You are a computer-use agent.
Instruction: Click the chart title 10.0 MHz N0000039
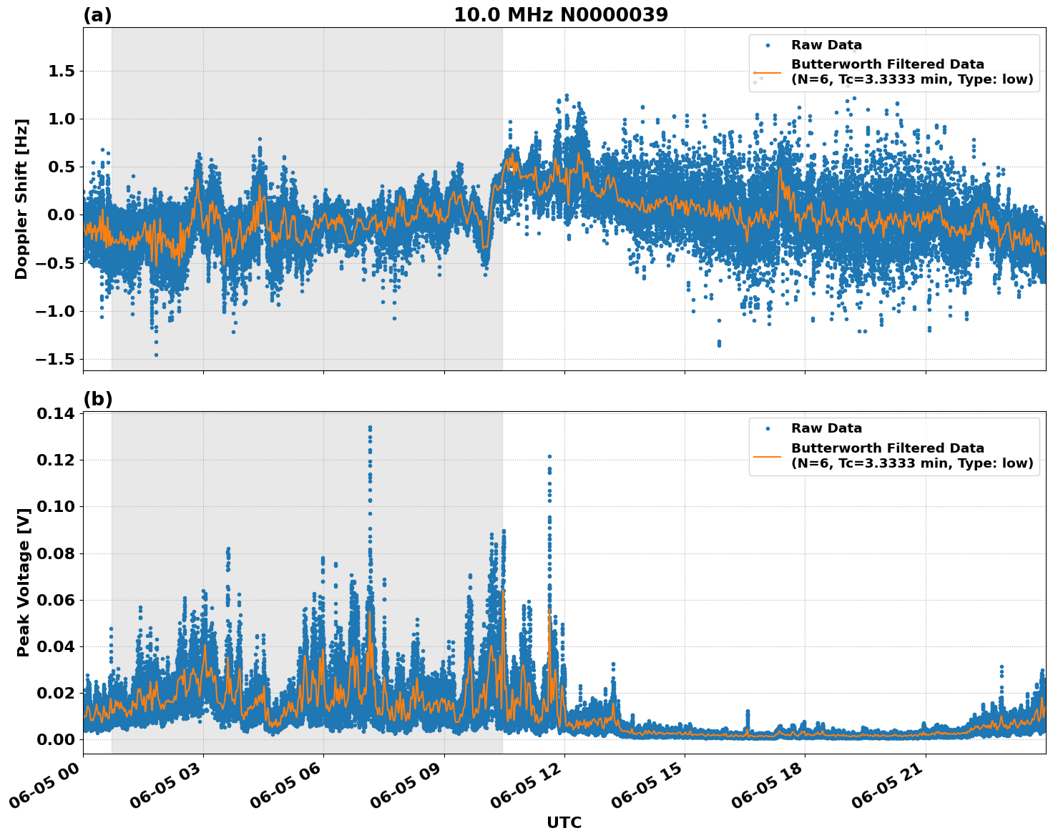coord(560,14)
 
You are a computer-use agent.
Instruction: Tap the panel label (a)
coord(97,15)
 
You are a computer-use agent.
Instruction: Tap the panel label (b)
coord(97,399)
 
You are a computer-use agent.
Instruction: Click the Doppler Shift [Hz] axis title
coord(21,199)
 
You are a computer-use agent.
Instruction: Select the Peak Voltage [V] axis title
coord(23,598)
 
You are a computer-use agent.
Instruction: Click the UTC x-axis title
coord(564,822)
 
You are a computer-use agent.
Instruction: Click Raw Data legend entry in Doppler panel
coord(826,45)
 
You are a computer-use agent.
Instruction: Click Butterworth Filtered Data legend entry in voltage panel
coord(887,455)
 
